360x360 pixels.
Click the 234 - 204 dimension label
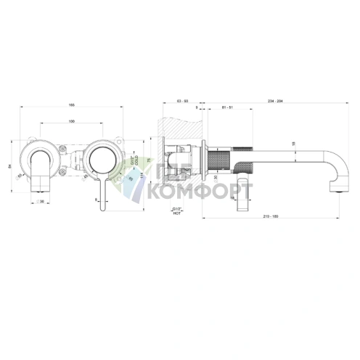pyautogui.click(x=275, y=101)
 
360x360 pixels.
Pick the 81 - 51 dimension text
pyautogui.click(x=226, y=108)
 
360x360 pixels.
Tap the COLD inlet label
pyautogui.click(x=136, y=157)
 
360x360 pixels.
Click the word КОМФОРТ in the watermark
pyautogui.click(x=201, y=193)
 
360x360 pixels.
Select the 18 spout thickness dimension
pyautogui.click(x=294, y=144)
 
